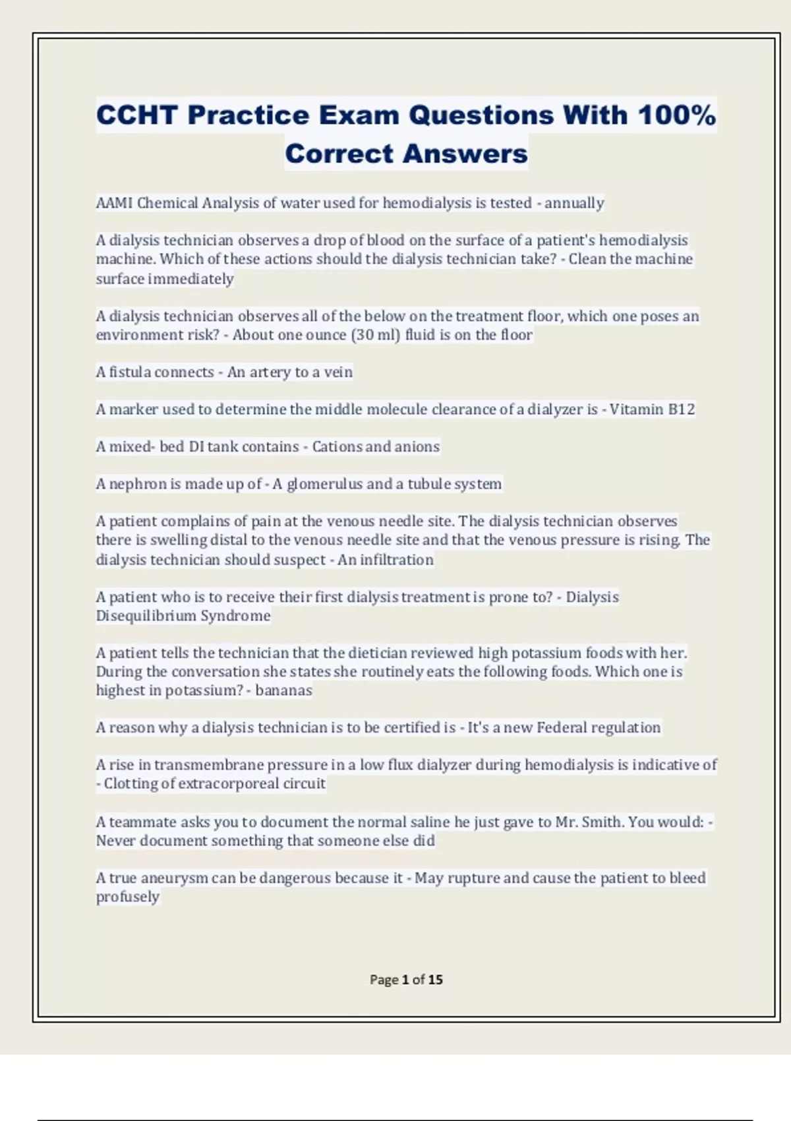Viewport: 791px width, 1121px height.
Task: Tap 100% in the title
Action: [x=676, y=115]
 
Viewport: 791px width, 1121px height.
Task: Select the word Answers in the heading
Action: [x=465, y=154]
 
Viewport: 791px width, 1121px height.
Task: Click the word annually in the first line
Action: [x=574, y=203]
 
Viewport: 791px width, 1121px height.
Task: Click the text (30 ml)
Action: [x=376, y=335]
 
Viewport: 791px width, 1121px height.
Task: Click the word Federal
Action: [x=562, y=727]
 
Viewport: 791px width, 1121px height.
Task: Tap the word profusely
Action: [x=128, y=897]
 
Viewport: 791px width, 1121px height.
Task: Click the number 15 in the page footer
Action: [x=435, y=980]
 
